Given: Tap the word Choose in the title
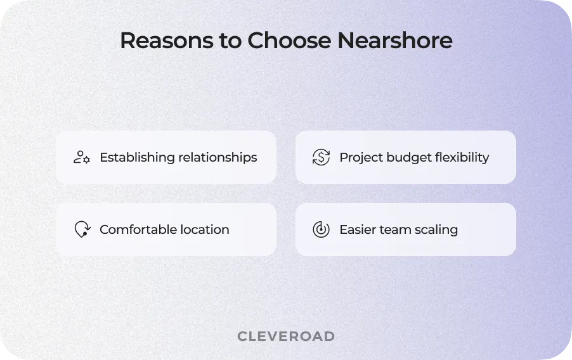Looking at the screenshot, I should click(x=289, y=41).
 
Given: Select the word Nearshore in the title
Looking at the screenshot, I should click(x=394, y=41).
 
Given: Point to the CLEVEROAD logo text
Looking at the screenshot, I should click(x=286, y=336).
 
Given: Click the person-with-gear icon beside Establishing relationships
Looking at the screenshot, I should click(x=82, y=157).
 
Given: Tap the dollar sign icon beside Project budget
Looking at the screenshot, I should click(x=321, y=157).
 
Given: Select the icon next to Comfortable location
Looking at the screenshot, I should click(x=82, y=229).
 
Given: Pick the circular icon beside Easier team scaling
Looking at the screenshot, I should click(x=321, y=229).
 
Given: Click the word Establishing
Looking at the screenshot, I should click(x=136, y=157).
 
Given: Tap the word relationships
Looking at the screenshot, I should click(x=218, y=157).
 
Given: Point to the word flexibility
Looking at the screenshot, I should click(x=462, y=157).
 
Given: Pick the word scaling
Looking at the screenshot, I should click(x=436, y=229).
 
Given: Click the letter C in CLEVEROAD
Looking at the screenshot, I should click(x=242, y=336).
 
